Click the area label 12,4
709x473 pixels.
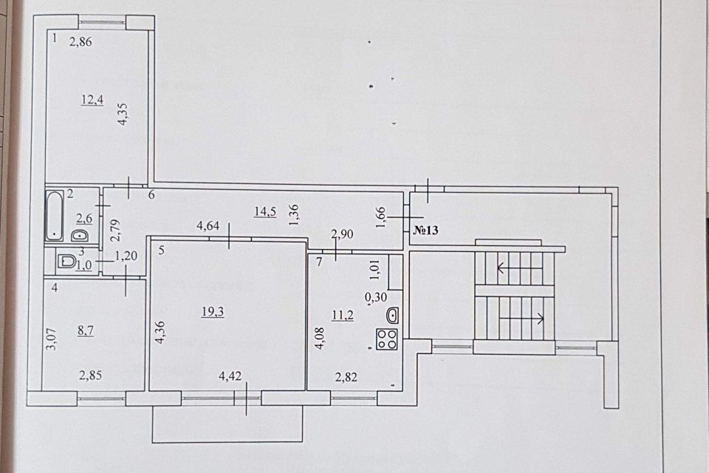click(92, 100)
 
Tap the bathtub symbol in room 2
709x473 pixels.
click(55, 216)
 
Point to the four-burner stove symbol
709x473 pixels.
click(386, 339)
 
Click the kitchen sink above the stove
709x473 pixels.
click(392, 316)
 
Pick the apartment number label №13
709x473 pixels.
click(426, 230)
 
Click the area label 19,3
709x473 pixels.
click(213, 311)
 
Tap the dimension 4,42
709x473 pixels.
click(230, 375)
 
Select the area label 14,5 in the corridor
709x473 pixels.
click(265, 211)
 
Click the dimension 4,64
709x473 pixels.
click(208, 225)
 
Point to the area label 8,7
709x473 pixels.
click(86, 330)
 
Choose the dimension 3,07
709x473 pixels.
click(52, 338)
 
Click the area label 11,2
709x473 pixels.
click(343, 315)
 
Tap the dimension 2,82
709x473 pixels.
click(346, 377)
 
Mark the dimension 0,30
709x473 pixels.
click(376, 297)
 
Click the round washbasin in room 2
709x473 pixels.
click(80, 236)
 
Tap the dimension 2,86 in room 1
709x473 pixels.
click(81, 41)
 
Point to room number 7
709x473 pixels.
click(319, 262)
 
